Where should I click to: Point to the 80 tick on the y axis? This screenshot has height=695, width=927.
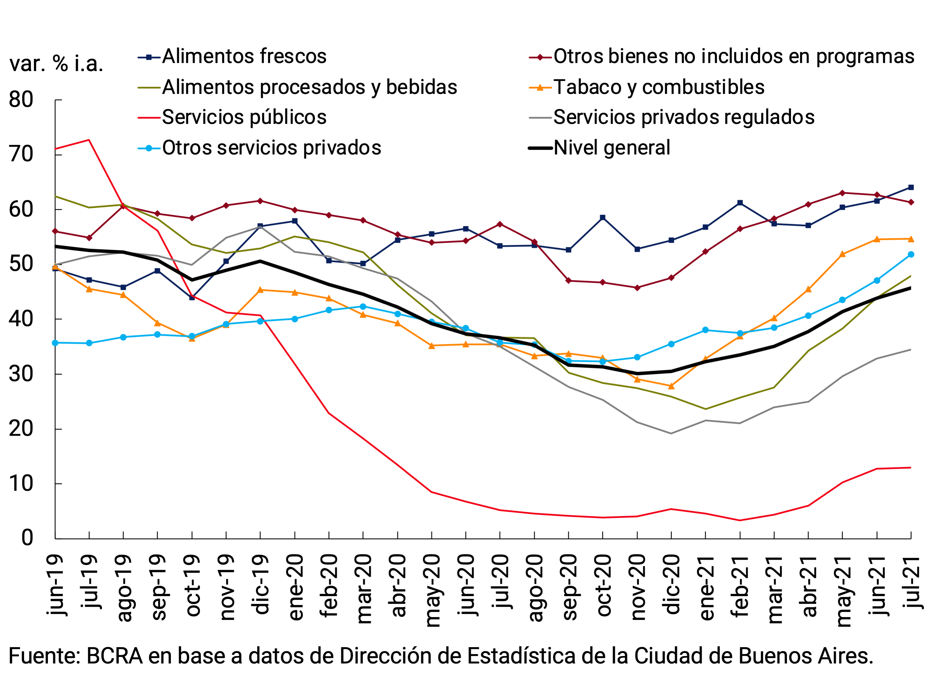(21, 100)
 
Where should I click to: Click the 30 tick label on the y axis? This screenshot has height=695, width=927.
(21, 374)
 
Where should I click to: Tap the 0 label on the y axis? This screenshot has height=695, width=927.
(27, 538)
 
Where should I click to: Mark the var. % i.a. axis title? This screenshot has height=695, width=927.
(56, 64)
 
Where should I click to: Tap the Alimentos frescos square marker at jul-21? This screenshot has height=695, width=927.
(911, 187)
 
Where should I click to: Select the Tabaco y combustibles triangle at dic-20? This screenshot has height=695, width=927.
(671, 386)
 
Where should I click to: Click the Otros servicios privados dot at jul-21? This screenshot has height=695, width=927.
(911, 254)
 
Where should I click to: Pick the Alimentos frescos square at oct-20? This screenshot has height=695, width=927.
(603, 218)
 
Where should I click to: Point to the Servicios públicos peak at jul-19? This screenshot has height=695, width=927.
(89, 140)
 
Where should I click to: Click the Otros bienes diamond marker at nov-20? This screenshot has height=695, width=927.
(637, 288)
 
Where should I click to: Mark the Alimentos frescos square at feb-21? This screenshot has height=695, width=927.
(740, 203)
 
